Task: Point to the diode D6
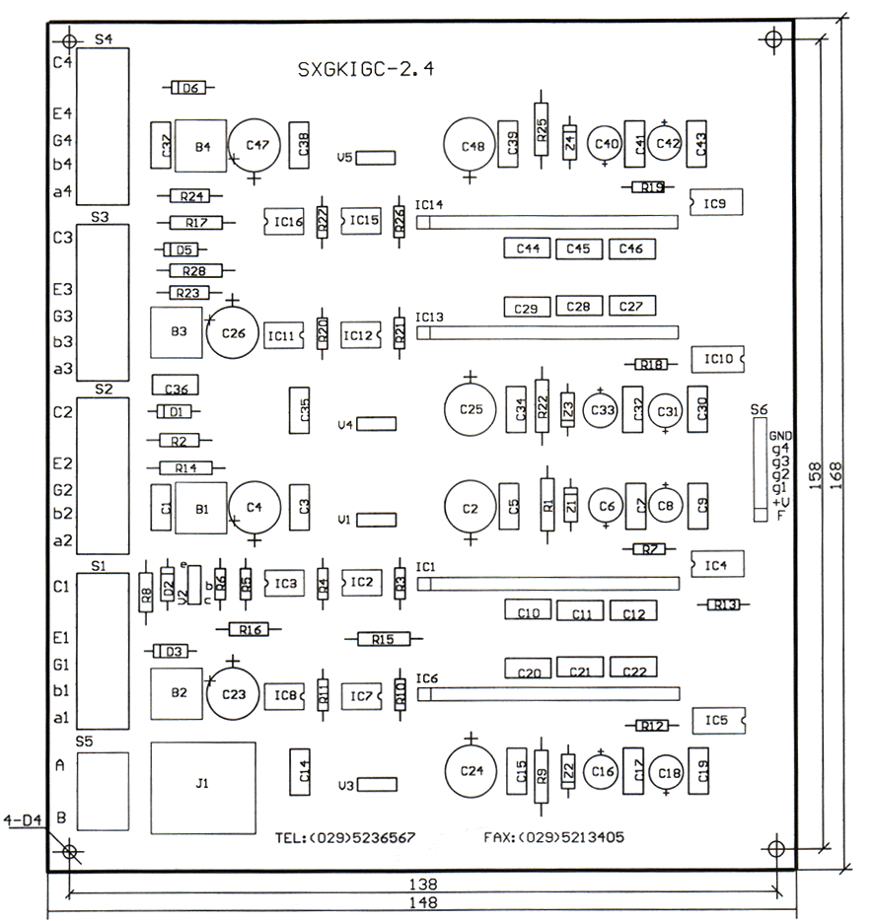click(189, 89)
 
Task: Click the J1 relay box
click(202, 786)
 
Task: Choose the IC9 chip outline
click(716, 203)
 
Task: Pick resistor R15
click(384, 639)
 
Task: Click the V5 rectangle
click(376, 157)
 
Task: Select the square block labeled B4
click(202, 147)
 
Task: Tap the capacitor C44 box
click(528, 248)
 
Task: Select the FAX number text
click(553, 838)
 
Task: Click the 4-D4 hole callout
click(22, 819)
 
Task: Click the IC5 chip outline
click(717, 721)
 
